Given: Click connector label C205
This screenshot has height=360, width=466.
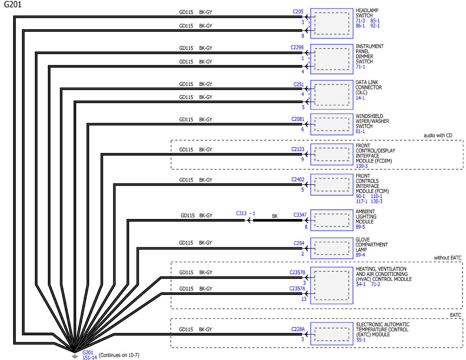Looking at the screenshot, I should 298,12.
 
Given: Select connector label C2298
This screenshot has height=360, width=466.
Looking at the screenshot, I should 297,48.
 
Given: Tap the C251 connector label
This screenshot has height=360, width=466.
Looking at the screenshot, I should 299,84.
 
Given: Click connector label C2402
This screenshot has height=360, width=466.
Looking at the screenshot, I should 297,179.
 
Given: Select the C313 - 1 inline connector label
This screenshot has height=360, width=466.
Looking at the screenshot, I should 246,214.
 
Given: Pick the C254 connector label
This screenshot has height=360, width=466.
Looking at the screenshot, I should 299,243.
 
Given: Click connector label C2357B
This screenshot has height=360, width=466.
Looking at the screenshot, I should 297,272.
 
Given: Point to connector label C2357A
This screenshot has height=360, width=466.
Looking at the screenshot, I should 297,289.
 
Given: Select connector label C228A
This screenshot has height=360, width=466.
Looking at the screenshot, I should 298,329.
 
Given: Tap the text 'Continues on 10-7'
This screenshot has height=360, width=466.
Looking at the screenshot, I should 119,355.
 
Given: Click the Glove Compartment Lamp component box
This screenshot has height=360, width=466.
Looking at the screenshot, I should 332,248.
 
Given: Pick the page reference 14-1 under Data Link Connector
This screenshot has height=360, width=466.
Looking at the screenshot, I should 360,98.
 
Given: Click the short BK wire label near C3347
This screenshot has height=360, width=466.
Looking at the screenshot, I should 275,216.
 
